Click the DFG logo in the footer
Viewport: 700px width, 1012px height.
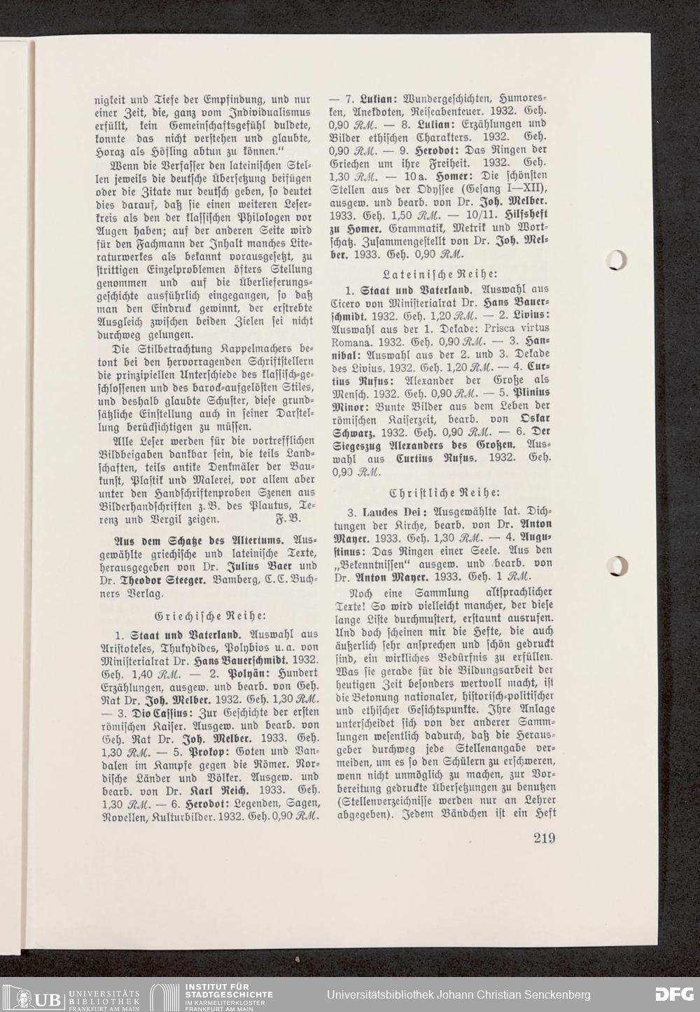[673, 995]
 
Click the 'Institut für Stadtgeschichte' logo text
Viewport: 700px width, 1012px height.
[227, 994]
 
